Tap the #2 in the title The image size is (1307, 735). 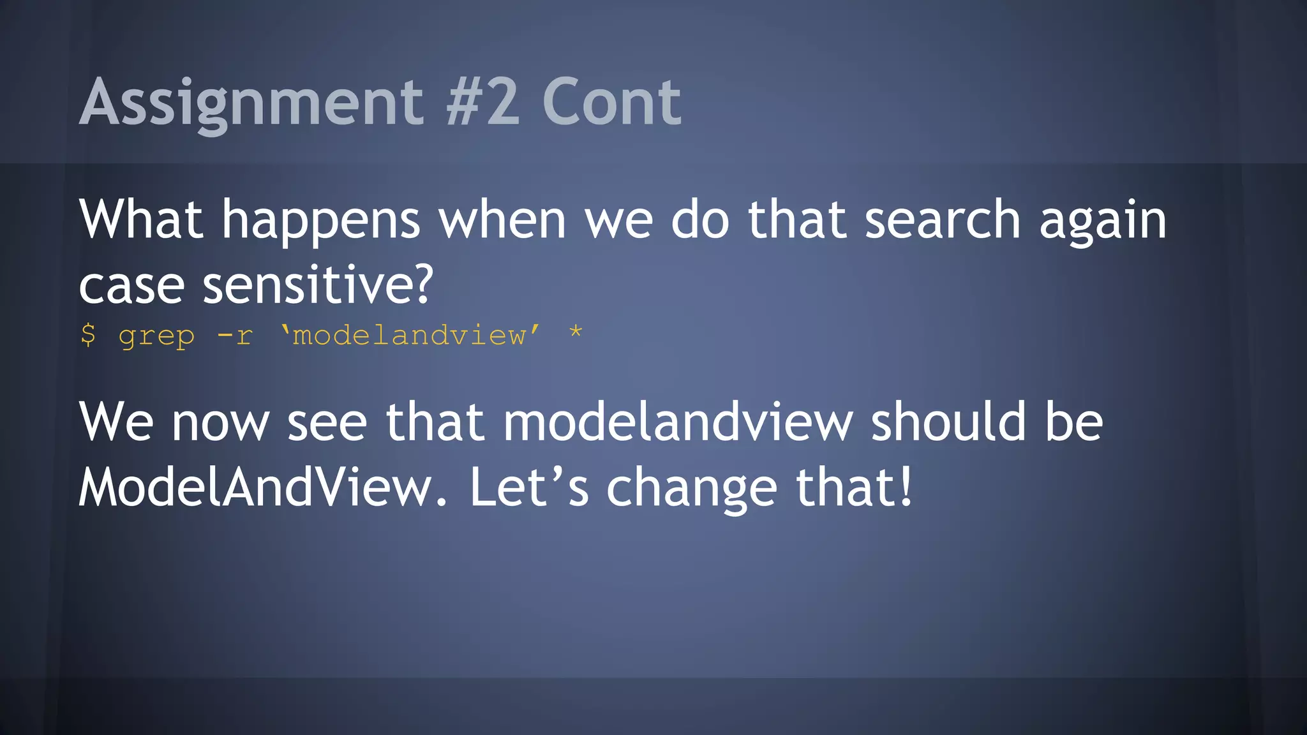point(482,102)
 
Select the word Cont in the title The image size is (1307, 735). point(611,102)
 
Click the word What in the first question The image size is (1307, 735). point(141,219)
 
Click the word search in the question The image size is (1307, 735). point(942,219)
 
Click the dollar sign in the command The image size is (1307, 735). point(88,334)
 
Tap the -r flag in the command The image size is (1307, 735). point(235,335)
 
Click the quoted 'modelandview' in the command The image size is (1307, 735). point(410,335)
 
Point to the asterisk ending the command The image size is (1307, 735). point(576,332)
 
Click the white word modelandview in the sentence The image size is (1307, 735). point(678,422)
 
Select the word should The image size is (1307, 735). point(948,422)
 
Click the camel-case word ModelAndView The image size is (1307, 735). point(255,488)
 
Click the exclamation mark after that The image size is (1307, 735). point(905,488)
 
